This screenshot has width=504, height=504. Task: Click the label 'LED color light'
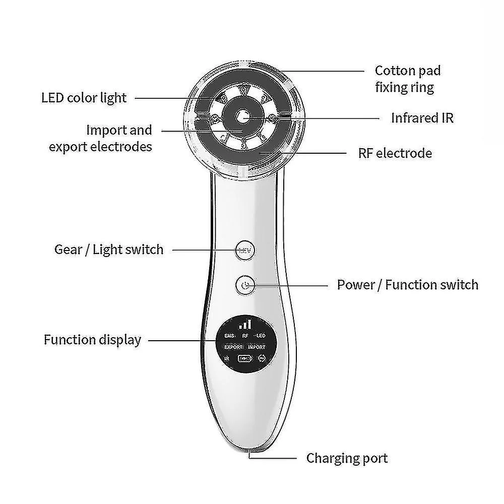click(84, 97)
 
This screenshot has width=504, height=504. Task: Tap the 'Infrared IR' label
click(422, 118)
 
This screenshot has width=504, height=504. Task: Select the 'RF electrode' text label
click(395, 153)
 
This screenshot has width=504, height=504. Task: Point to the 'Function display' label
click(92, 339)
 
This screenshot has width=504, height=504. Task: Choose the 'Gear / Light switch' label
click(109, 249)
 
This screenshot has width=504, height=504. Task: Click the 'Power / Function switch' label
click(407, 284)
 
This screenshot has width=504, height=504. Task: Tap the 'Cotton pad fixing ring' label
click(404, 79)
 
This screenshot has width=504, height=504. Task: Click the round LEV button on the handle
click(245, 249)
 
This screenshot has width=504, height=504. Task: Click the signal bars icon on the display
click(245, 324)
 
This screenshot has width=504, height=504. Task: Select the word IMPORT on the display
click(257, 347)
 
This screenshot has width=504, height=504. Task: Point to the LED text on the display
click(260, 335)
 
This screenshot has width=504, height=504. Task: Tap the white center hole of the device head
click(242, 117)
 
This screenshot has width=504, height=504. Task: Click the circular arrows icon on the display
click(262, 359)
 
